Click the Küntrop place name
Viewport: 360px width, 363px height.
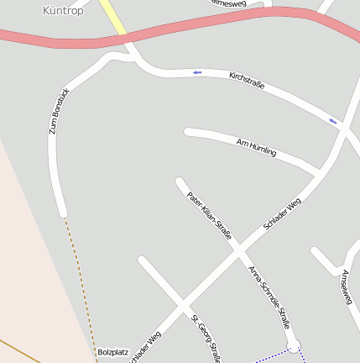(63, 10)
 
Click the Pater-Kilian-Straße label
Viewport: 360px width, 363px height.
(209, 212)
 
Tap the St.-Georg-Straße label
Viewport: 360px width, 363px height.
(206, 339)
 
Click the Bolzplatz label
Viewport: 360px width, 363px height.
(112, 352)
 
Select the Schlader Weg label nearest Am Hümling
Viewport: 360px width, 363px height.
(282, 214)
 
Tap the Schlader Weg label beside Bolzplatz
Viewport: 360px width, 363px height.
(145, 346)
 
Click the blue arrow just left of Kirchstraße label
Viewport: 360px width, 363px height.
(197, 72)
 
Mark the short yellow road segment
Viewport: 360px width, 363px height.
(113, 16)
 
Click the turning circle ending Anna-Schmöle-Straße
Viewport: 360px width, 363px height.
(294, 345)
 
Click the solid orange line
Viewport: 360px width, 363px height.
(21, 351)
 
